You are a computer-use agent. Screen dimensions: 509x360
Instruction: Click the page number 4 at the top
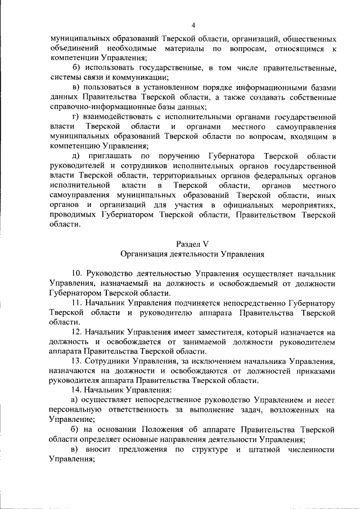click(x=193, y=25)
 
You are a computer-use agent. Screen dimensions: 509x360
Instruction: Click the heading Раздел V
click(x=193, y=243)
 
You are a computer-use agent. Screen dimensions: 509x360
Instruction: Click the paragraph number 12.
click(x=78, y=332)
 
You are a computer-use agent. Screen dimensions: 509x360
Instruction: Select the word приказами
click(x=317, y=371)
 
